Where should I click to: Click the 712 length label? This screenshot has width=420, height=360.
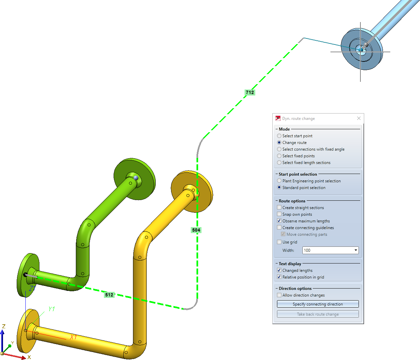pyautogui.click(x=250, y=93)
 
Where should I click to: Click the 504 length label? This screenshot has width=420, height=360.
pyautogui.click(x=196, y=230)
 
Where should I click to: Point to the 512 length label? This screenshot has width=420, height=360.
pyautogui.click(x=109, y=295)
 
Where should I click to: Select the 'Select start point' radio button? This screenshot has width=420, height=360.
pyautogui.click(x=279, y=136)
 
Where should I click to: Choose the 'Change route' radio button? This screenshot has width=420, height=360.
pyautogui.click(x=279, y=143)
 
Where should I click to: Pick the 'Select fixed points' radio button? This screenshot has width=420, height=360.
pyautogui.click(x=279, y=156)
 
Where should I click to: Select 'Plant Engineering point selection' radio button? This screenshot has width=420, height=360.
pyautogui.click(x=279, y=181)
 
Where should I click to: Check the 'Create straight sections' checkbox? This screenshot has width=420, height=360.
pyautogui.click(x=279, y=207)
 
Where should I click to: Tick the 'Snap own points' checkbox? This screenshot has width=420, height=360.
pyautogui.click(x=279, y=214)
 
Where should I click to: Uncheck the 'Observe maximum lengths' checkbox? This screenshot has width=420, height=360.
pyautogui.click(x=279, y=221)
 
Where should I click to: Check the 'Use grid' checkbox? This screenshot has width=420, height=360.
pyautogui.click(x=279, y=242)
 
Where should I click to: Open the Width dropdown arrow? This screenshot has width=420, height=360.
pyautogui.click(x=356, y=250)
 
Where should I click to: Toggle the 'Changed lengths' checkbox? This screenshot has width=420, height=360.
pyautogui.click(x=279, y=270)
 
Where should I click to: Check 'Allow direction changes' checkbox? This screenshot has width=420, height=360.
pyautogui.click(x=279, y=295)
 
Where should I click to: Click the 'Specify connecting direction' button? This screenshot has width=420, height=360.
pyautogui.click(x=318, y=304)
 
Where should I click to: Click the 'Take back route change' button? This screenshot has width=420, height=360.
pyautogui.click(x=318, y=314)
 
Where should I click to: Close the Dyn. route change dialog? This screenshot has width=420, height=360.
pyautogui.click(x=359, y=118)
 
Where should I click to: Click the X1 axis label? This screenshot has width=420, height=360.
pyautogui.click(x=74, y=337)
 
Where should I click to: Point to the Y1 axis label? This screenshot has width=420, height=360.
pyautogui.click(x=51, y=309)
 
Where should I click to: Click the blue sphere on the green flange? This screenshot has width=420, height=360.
pyautogui.click(x=136, y=178)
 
